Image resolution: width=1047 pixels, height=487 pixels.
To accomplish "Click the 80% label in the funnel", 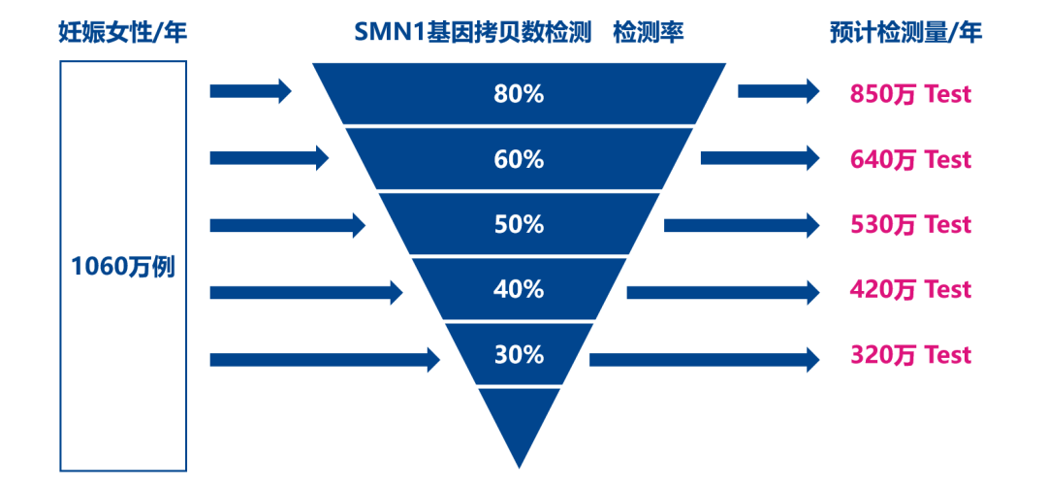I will tap(519, 94).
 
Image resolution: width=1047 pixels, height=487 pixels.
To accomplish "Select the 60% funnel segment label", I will tap(519, 159).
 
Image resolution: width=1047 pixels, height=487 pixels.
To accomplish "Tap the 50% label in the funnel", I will tap(519, 224).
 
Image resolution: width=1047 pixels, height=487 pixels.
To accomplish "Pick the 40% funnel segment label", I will tap(519, 289).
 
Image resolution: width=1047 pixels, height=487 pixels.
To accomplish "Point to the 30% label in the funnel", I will tap(519, 354).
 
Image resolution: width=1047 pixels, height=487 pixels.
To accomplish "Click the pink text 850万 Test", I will tap(910, 94).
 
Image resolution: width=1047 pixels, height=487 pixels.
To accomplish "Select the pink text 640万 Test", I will tap(910, 159).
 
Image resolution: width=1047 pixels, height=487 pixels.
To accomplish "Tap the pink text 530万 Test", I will tap(910, 224).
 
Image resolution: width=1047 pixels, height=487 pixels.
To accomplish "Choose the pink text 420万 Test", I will tap(910, 289).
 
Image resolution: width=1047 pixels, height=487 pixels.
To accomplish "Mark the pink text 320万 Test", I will tap(910, 354).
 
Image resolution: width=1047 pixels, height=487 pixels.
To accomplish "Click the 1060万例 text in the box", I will tap(123, 266).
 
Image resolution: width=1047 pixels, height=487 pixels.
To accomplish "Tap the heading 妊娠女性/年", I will tap(122, 32).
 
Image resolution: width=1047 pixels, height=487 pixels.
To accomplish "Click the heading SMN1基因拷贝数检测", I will tap(472, 32).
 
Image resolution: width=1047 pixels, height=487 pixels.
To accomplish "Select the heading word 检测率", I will tap(649, 32).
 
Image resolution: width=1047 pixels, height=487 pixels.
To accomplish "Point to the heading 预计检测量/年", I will tap(906, 32).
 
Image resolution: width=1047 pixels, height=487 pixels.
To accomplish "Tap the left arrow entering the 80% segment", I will tap(250, 92).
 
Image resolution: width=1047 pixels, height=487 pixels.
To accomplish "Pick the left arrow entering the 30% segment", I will tap(325, 360).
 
